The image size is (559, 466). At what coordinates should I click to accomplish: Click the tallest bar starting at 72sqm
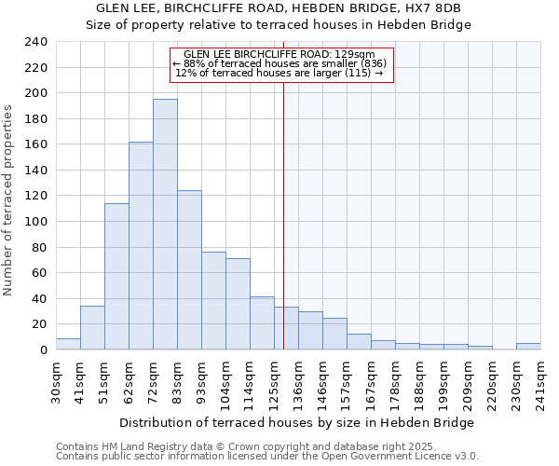[165, 224]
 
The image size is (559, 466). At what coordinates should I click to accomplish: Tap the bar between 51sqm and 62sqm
[116, 276]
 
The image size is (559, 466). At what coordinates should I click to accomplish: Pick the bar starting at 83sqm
[189, 270]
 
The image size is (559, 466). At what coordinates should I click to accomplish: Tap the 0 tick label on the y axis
[43, 350]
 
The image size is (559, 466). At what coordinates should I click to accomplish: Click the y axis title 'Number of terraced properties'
[8, 199]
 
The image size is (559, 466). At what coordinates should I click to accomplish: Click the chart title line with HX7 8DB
[279, 8]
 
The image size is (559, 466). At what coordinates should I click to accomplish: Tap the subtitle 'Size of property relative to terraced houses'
[279, 25]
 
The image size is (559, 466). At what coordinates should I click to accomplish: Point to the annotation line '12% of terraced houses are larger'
[279, 73]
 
